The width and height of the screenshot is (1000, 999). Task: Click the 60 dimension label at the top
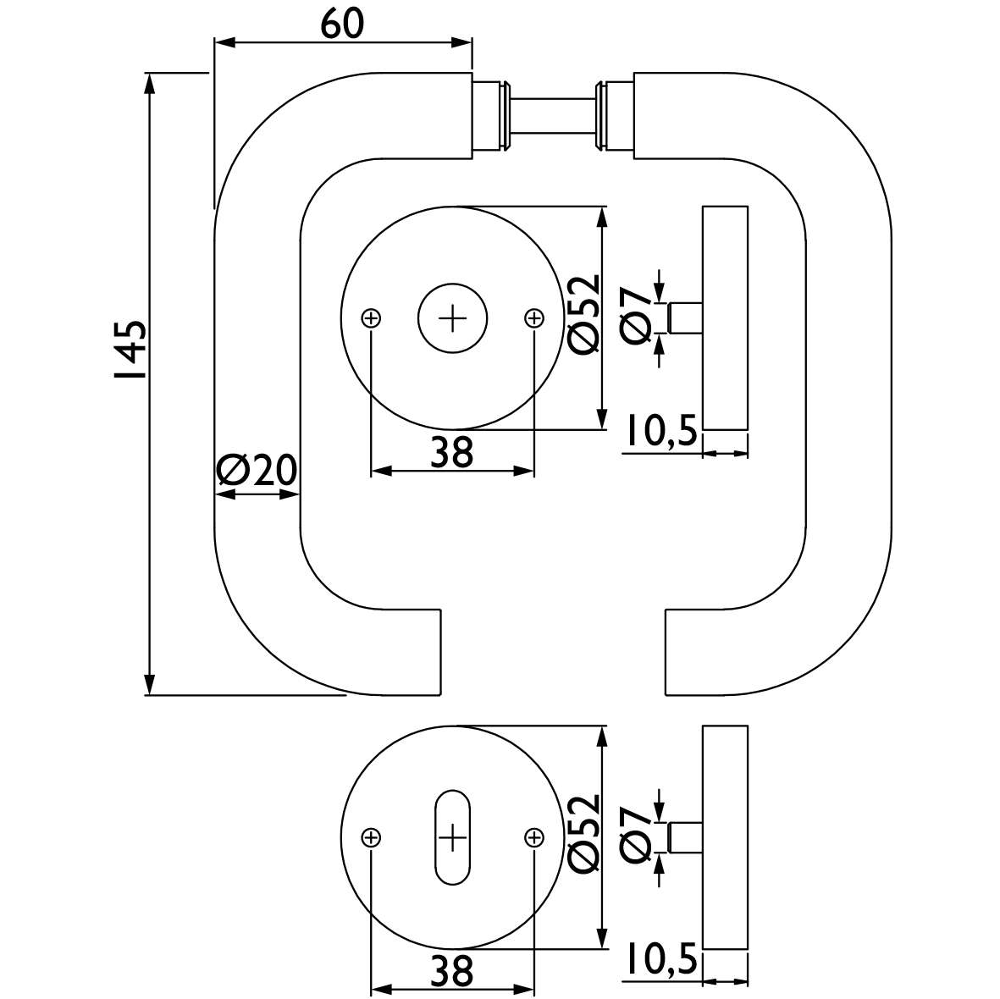[342, 24]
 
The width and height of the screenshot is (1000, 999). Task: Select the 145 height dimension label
[130, 350]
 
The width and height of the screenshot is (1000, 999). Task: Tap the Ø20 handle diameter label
[257, 470]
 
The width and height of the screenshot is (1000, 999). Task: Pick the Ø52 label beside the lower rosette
[584, 832]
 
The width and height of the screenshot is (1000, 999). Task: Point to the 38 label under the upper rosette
[451, 452]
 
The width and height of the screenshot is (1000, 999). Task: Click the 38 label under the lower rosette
[451, 970]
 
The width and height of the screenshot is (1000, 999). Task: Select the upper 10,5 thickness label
[660, 430]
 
